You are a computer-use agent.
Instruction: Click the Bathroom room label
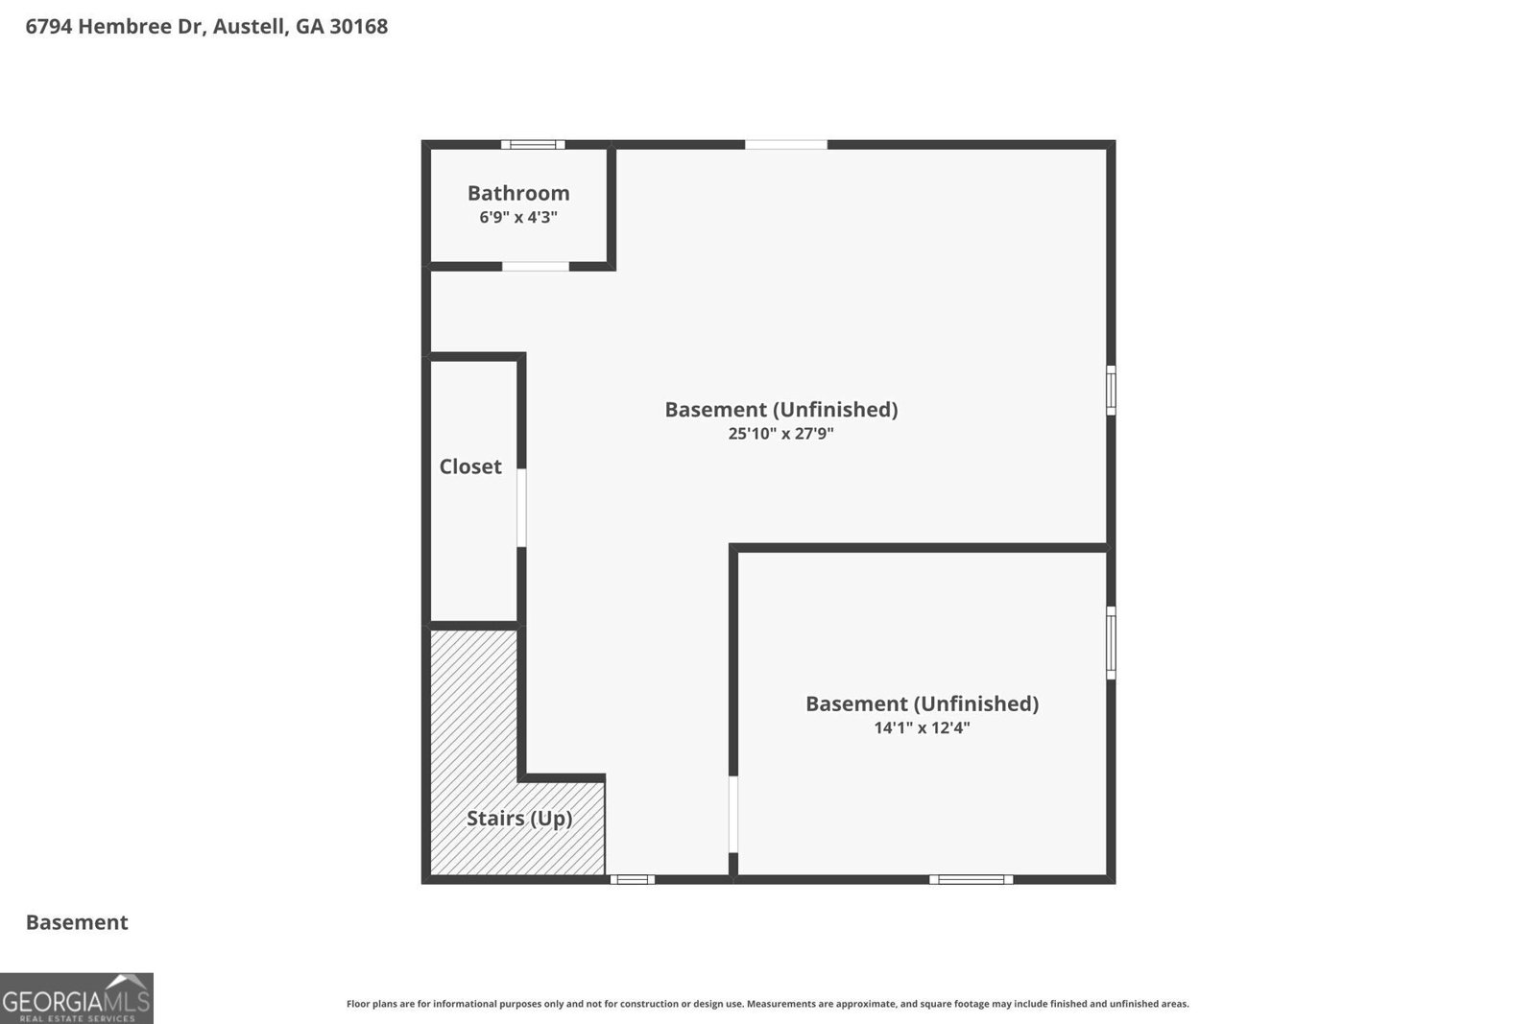coord(518,193)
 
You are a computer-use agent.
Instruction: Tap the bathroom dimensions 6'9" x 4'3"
coord(518,217)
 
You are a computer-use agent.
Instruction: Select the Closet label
coord(470,466)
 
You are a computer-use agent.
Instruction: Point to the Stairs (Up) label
coord(519,819)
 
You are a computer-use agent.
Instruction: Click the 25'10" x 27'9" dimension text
coord(781,433)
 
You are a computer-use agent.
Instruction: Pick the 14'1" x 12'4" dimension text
coord(922,727)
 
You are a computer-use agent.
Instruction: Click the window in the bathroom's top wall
coord(533,145)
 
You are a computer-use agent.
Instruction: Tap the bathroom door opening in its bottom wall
coord(536,267)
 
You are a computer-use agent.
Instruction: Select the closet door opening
coord(521,508)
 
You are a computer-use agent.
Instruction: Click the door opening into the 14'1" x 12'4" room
coord(733,814)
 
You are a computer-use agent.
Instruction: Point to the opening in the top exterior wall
coord(786,145)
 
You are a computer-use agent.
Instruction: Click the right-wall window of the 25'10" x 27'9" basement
coord(1111,390)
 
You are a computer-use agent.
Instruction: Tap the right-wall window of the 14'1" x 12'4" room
coord(1111,643)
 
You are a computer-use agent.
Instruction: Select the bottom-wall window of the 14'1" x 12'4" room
coord(971,879)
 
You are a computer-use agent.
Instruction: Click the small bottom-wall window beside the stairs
coord(633,879)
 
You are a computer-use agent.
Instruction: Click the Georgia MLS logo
coord(76,998)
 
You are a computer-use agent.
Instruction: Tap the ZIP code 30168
coord(359,26)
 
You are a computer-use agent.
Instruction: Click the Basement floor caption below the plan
coord(77,922)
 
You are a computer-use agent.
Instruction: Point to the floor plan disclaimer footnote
coord(767,1004)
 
